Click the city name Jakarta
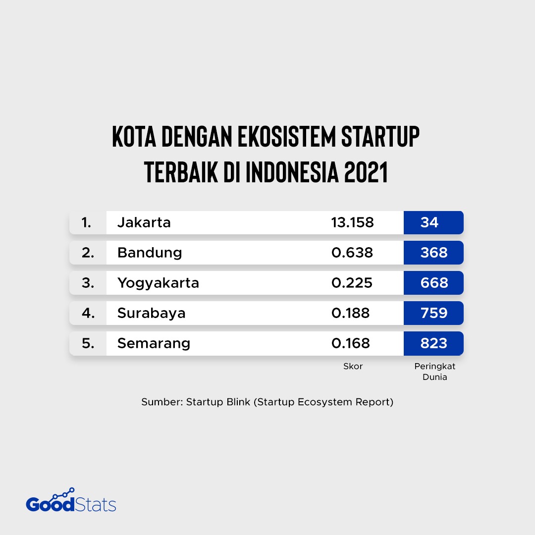[144, 223]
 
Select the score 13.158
[352, 223]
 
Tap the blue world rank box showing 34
[433, 222]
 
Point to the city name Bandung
[150, 253]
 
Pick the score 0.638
[352, 253]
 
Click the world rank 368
[433, 253]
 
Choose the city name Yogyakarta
[158, 283]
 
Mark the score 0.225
[351, 283]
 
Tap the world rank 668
[433, 283]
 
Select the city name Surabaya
[151, 313]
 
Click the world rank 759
[433, 313]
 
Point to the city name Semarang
[154, 343]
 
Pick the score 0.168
[351, 343]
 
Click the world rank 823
[433, 343]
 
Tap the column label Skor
[353, 367]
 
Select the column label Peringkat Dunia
[434, 372]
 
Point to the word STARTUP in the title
[380, 136]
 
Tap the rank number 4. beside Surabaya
[88, 313]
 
